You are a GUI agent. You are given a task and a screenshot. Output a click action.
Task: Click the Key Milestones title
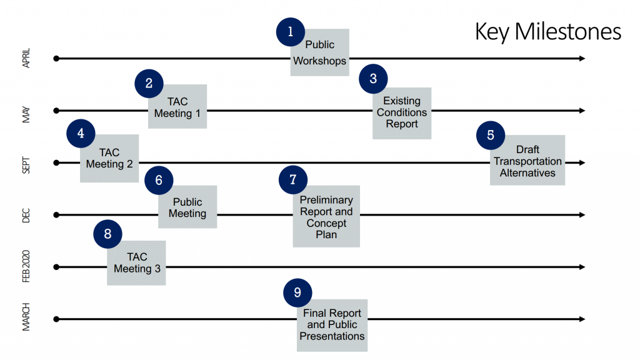click(x=547, y=31)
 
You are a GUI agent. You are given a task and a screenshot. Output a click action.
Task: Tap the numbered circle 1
click(x=290, y=32)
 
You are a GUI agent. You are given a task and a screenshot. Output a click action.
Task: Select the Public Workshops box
click(x=320, y=53)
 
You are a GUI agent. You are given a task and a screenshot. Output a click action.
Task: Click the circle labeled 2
click(x=149, y=83)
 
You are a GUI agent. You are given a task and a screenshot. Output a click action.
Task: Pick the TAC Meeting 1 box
click(x=177, y=107)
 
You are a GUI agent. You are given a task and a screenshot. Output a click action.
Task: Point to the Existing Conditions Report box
click(x=402, y=112)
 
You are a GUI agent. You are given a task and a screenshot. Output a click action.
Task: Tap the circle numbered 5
click(x=490, y=134)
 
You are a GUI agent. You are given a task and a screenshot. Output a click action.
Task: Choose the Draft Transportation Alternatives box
click(x=527, y=161)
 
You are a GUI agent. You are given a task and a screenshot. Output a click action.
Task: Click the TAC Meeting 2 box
click(x=109, y=159)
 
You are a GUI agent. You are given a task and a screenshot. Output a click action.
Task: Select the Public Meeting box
click(x=187, y=207)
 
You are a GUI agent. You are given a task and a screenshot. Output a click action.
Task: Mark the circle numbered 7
click(x=292, y=180)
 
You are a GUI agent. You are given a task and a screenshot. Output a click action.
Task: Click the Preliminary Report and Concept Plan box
click(x=326, y=216)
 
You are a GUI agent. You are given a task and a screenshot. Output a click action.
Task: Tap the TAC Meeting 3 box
click(x=137, y=262)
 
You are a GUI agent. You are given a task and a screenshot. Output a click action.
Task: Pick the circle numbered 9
click(x=297, y=292)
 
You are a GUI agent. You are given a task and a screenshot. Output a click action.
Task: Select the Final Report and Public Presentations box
click(x=332, y=324)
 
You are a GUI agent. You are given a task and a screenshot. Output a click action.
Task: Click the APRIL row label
click(x=26, y=58)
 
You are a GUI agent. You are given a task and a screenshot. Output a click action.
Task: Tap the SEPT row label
click(x=26, y=162)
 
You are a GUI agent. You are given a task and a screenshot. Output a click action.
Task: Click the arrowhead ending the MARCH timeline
click(x=582, y=319)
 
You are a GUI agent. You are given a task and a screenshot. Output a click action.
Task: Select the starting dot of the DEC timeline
click(x=56, y=215)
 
